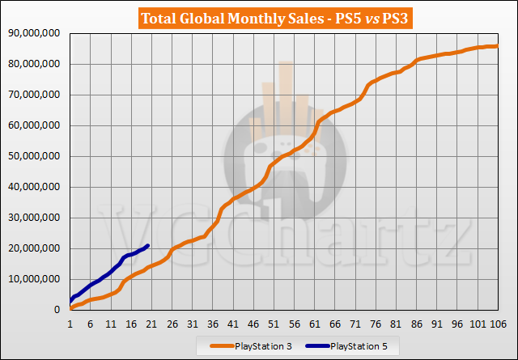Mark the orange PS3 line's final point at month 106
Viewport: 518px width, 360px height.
pyautogui.click(x=497, y=46)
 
